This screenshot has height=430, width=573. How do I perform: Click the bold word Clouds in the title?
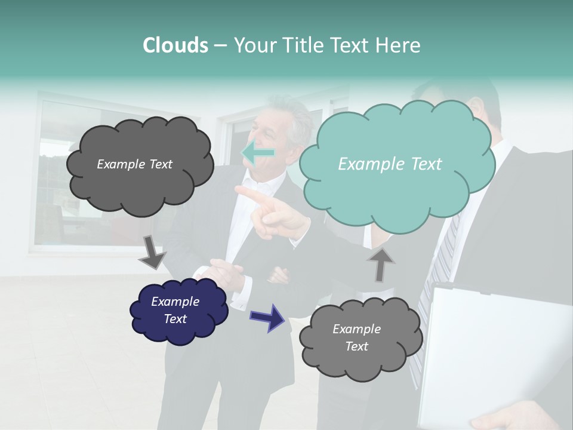[x=175, y=45]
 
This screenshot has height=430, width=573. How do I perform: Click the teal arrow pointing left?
[x=258, y=153]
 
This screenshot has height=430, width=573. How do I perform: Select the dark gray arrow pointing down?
[x=152, y=251]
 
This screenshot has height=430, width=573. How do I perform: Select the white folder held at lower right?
[x=489, y=352]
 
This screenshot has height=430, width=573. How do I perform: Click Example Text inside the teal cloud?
[x=390, y=164]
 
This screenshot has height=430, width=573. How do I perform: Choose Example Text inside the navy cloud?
[x=175, y=311]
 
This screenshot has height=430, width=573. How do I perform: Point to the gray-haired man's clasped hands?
[x=230, y=275]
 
